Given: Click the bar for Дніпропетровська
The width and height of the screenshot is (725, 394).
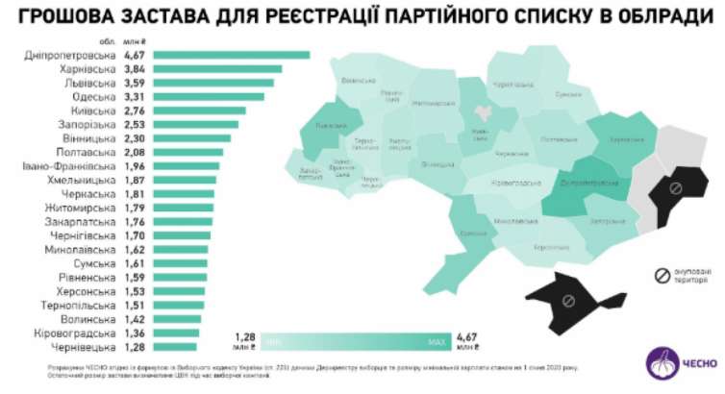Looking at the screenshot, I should click(x=231, y=56).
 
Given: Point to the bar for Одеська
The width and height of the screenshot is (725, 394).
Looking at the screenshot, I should click(x=208, y=97).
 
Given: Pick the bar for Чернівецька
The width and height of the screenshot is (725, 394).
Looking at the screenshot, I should click(x=174, y=347).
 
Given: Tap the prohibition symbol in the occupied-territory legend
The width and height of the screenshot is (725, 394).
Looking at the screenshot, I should click(x=662, y=277).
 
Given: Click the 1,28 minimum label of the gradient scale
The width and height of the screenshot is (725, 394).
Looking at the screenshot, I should click(x=247, y=341).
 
